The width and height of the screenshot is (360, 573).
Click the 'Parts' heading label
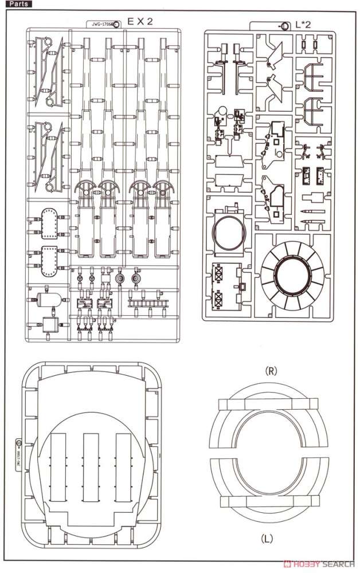(17, 4)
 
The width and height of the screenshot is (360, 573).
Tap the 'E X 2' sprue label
(139, 22)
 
